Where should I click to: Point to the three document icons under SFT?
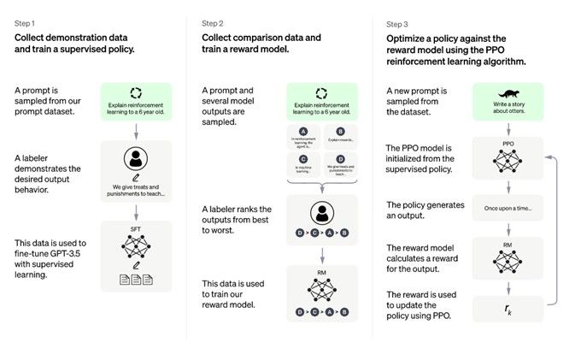click(x=136, y=278)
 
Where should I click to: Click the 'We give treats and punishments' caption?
click(x=136, y=190)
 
